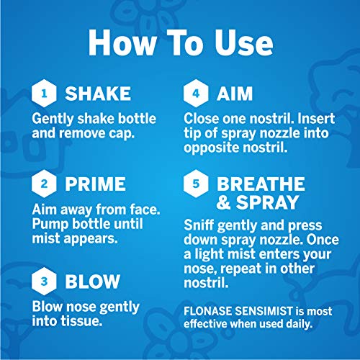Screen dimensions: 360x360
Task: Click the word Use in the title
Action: (244, 43)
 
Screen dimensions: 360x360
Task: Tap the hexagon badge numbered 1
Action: (44, 94)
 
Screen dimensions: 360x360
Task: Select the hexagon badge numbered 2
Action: (44, 184)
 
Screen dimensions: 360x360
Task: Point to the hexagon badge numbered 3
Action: (44, 281)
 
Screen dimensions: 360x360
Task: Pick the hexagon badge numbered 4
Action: (196, 94)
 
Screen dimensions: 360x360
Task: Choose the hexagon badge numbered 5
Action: (196, 184)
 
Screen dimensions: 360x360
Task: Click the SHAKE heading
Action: (98, 94)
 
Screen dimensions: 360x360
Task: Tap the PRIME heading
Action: (95, 184)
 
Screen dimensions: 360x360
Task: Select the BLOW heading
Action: (92, 281)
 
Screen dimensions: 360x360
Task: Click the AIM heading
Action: (235, 94)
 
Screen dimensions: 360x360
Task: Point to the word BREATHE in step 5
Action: (261, 184)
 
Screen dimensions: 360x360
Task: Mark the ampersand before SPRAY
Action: (223, 202)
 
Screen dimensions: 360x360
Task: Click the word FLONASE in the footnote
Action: (207, 311)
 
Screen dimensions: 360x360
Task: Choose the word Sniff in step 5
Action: (199, 225)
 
